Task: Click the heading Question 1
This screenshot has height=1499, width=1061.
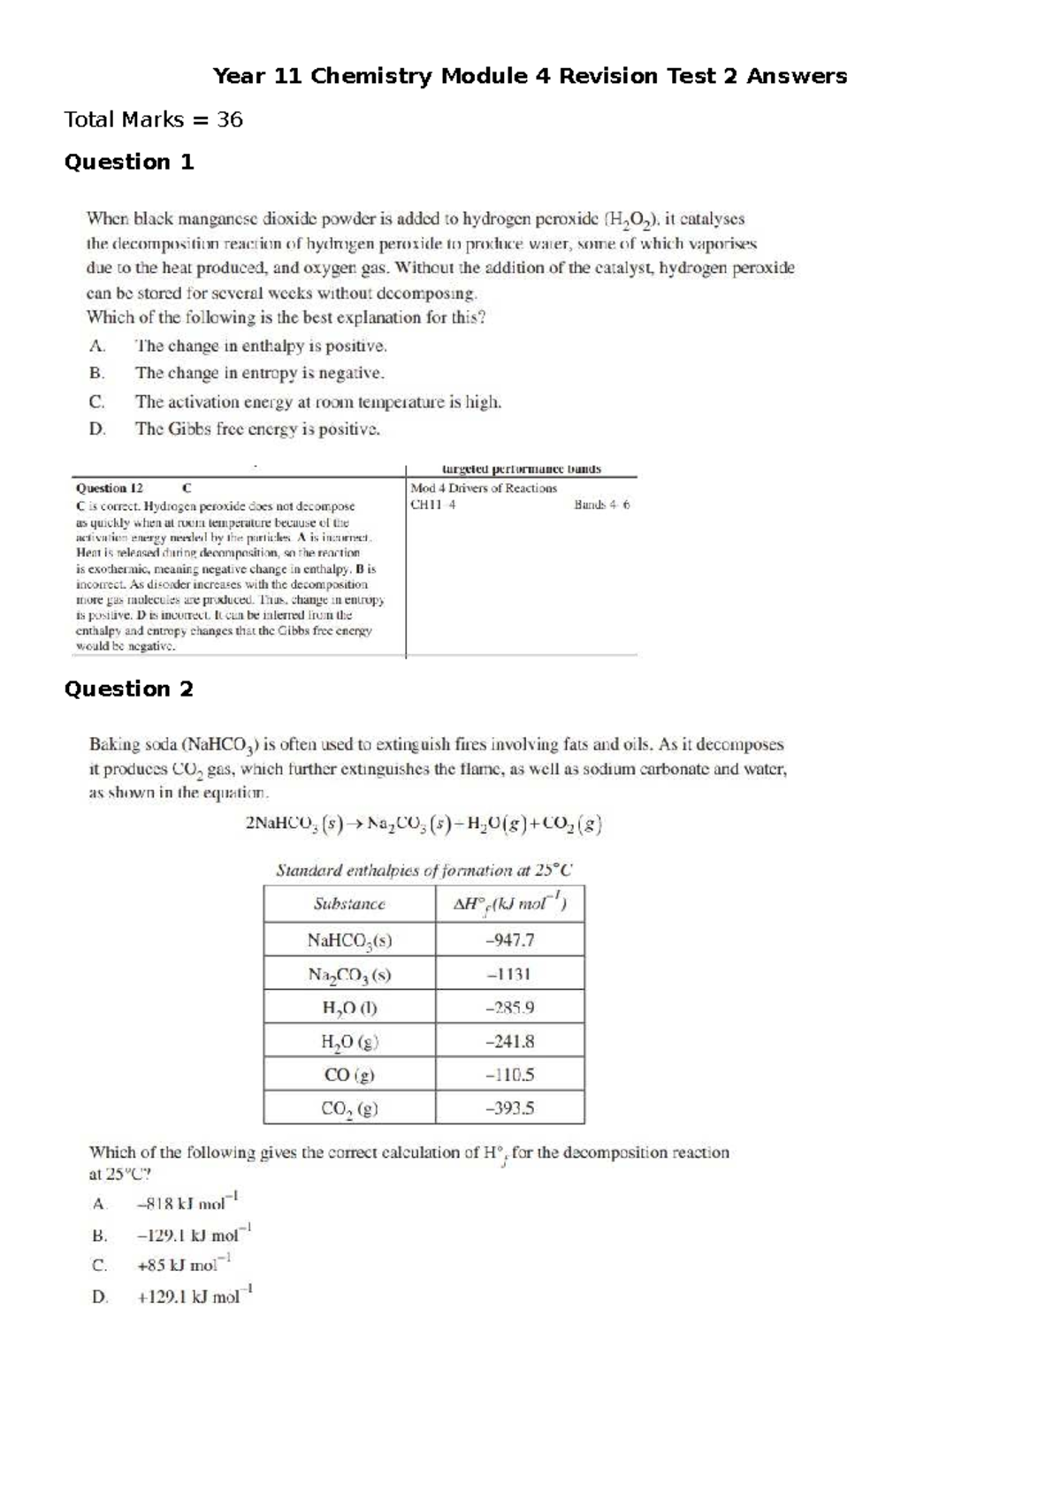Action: tap(129, 162)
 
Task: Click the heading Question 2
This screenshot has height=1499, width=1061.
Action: tap(129, 689)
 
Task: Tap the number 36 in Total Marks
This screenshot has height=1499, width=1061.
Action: tap(229, 119)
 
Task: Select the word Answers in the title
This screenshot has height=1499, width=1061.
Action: tap(796, 76)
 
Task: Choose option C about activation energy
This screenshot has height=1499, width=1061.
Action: tap(317, 402)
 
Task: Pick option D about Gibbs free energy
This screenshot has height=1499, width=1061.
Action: tap(257, 430)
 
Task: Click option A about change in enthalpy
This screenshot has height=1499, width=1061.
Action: tap(261, 346)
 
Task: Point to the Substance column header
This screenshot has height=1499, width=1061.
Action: tap(349, 903)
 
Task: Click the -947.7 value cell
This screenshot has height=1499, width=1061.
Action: tap(510, 940)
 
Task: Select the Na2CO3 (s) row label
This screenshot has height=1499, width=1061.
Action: tap(349, 974)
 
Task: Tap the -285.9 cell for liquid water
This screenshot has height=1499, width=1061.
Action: tap(510, 1008)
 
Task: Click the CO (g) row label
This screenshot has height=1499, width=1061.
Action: tap(349, 1075)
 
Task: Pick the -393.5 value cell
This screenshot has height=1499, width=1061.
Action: tap(510, 1108)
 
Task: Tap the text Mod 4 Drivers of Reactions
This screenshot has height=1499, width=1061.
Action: tap(484, 488)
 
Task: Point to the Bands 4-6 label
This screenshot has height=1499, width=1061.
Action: tap(601, 505)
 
